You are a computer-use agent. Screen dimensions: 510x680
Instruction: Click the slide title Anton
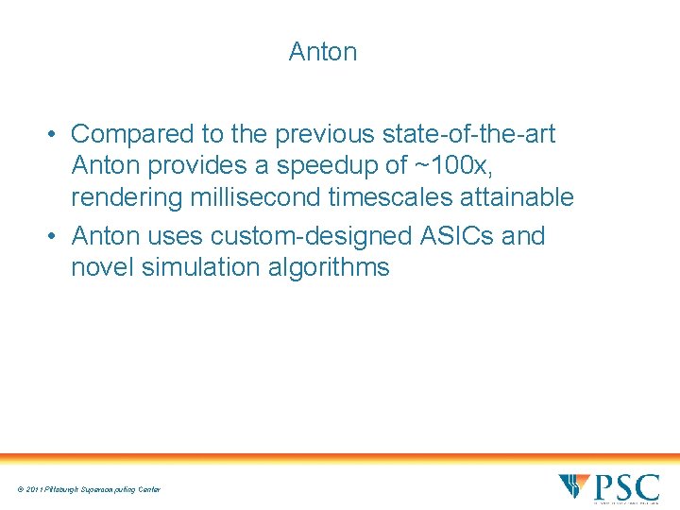click(x=323, y=52)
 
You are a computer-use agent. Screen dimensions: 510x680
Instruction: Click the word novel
click(x=102, y=267)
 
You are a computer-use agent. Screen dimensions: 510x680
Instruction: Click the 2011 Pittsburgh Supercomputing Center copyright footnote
click(x=88, y=489)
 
